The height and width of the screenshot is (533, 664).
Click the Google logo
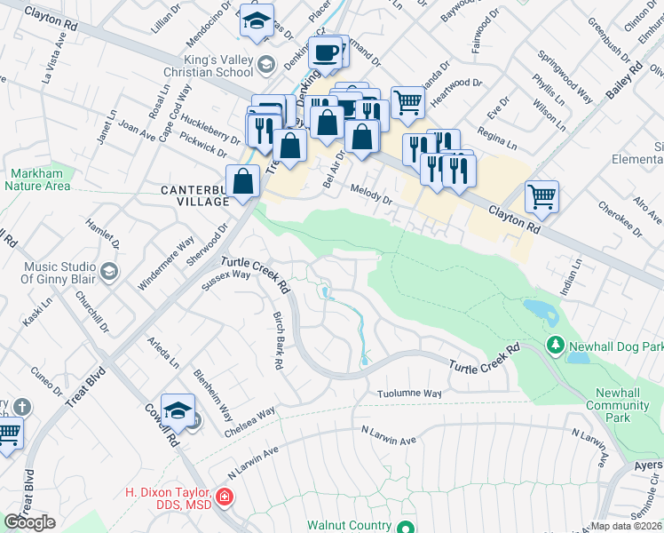[x=29, y=522]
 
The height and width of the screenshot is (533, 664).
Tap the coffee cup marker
[x=326, y=52]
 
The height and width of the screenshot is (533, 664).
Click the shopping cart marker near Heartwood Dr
[x=407, y=102]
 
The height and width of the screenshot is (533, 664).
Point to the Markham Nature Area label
[x=37, y=179]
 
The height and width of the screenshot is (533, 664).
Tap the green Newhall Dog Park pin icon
[x=555, y=343]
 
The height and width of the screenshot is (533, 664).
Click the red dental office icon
[x=224, y=495]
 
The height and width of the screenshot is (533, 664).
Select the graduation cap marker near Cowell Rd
[x=177, y=410]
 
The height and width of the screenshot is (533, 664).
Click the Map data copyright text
[x=626, y=526]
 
